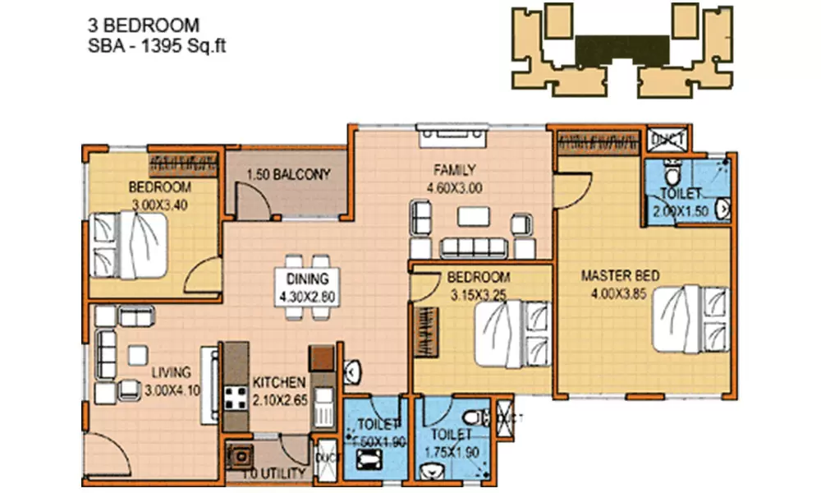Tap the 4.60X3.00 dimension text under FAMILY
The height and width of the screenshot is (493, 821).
pos(454,187)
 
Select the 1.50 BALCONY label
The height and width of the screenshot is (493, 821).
pos(288,175)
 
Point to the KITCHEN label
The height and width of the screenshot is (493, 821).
pos(279,383)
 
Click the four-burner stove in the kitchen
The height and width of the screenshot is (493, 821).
pos(237,399)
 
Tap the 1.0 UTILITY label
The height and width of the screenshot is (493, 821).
pos(275,473)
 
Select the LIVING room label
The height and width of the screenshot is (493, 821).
pos(170,372)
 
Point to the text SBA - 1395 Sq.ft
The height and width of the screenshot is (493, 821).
pos(156,46)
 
